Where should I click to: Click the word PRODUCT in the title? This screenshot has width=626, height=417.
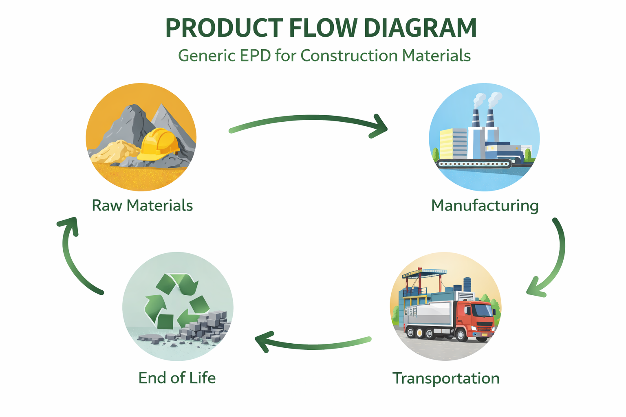[x=224, y=28]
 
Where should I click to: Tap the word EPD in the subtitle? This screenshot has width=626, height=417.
[x=255, y=55]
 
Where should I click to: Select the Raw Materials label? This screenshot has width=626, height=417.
[x=142, y=205]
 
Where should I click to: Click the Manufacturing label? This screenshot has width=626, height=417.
[x=485, y=206]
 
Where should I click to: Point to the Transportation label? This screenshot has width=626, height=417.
[x=446, y=378]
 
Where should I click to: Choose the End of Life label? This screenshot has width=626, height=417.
[x=177, y=378]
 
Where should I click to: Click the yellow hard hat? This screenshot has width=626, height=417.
[x=159, y=144]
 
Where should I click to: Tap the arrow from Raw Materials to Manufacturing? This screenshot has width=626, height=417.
[x=307, y=118]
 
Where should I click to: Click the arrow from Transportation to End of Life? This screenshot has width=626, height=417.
[x=313, y=347]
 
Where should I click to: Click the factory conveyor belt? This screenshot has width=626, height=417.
[x=475, y=164]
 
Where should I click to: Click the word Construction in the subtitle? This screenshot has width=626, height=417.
[x=349, y=55]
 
